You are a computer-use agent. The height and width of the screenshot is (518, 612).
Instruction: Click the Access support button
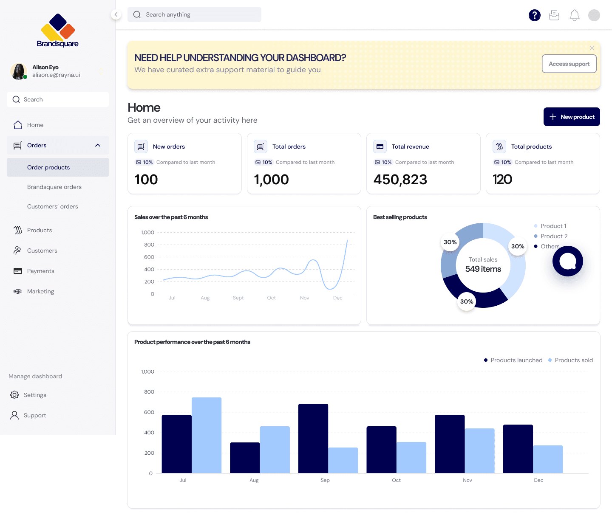coord(569,64)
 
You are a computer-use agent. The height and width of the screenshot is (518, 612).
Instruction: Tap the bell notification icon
coord(574,15)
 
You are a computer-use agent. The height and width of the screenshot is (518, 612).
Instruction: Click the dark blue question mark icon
coord(534,15)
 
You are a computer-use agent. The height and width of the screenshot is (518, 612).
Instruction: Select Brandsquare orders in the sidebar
coord(54,187)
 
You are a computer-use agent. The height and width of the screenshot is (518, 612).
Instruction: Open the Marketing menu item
coord(40,291)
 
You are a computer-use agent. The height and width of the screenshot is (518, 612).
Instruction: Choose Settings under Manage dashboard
coord(35,394)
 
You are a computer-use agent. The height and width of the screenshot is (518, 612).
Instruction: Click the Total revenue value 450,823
coord(400,179)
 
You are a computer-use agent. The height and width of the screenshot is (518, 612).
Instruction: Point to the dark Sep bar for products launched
coord(313,438)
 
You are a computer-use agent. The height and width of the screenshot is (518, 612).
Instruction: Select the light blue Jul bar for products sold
coord(207,435)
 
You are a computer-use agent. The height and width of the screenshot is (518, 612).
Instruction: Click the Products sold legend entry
coord(570,360)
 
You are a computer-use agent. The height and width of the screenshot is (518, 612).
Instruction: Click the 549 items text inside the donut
coord(483,269)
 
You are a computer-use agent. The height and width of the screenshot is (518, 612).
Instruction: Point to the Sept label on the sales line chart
coord(238,298)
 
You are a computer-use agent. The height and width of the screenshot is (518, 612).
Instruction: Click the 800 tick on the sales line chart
coord(149,245)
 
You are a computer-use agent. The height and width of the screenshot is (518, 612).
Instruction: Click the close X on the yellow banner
coord(592,48)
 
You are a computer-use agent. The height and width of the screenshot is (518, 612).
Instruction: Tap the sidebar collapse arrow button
coord(116,14)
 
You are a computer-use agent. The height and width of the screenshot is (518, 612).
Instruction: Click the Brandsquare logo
coord(58,30)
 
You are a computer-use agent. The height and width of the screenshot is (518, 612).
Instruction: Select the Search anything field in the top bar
coord(194,14)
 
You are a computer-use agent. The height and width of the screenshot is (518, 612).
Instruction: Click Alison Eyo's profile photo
coord(18,71)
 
